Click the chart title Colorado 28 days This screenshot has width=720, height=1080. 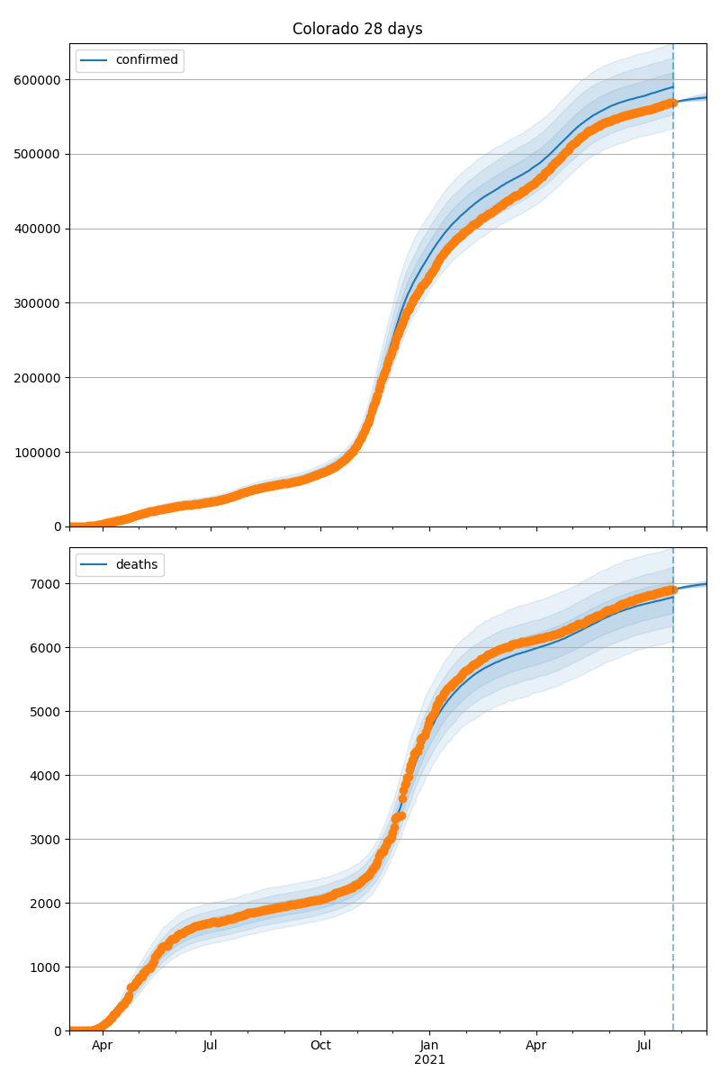click(x=357, y=29)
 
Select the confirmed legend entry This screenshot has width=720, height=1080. click(x=147, y=60)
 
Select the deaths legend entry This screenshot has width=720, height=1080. click(x=137, y=564)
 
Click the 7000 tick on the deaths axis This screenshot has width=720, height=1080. click(x=46, y=583)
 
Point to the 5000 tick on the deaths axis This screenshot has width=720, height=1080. click(x=46, y=711)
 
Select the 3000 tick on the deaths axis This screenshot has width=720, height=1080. click(x=46, y=839)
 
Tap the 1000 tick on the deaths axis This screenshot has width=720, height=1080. click(x=46, y=967)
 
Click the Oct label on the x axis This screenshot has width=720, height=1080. click(x=320, y=1046)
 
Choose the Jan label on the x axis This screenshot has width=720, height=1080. click(x=429, y=1046)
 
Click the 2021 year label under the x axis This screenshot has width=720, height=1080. click(x=429, y=1059)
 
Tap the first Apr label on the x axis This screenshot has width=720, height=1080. click(x=103, y=1046)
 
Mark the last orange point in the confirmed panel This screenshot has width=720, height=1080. click(x=672, y=103)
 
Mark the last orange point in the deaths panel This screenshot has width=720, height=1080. click(x=672, y=589)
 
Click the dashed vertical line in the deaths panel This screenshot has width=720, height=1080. click(x=673, y=810)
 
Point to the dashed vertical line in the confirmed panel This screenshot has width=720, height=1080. click(x=673, y=315)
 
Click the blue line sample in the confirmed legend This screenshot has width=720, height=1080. click(x=94, y=60)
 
